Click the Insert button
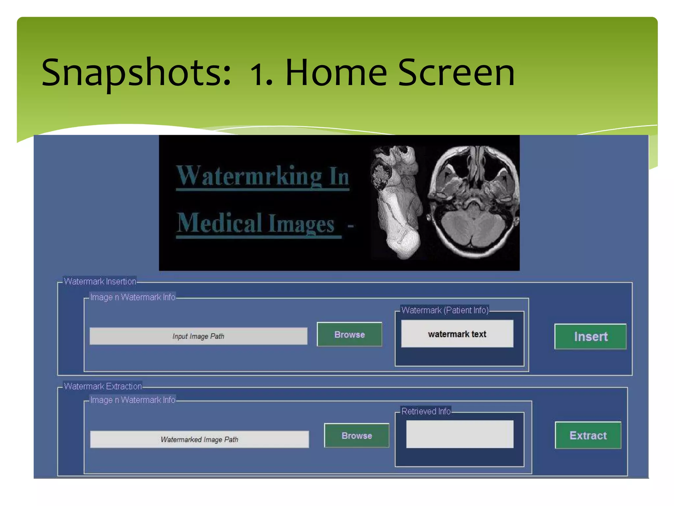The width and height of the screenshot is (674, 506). (590, 336)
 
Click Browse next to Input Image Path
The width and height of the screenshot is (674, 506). (349, 334)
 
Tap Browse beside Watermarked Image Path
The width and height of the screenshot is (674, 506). (356, 436)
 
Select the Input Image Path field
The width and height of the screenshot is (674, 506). (198, 336)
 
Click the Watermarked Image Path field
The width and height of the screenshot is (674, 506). (199, 439)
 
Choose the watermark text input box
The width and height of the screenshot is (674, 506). (457, 334)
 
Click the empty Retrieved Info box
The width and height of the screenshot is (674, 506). (459, 434)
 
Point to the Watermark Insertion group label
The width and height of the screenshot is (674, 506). (100, 281)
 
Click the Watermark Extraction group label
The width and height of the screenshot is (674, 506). (103, 386)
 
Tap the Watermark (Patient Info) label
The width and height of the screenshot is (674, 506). (445, 310)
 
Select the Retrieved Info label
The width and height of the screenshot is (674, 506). (426, 411)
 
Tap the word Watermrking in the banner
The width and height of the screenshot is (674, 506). (249, 176)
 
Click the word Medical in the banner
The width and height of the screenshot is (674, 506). (220, 223)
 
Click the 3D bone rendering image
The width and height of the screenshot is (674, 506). (397, 202)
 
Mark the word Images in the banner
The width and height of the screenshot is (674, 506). (301, 224)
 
